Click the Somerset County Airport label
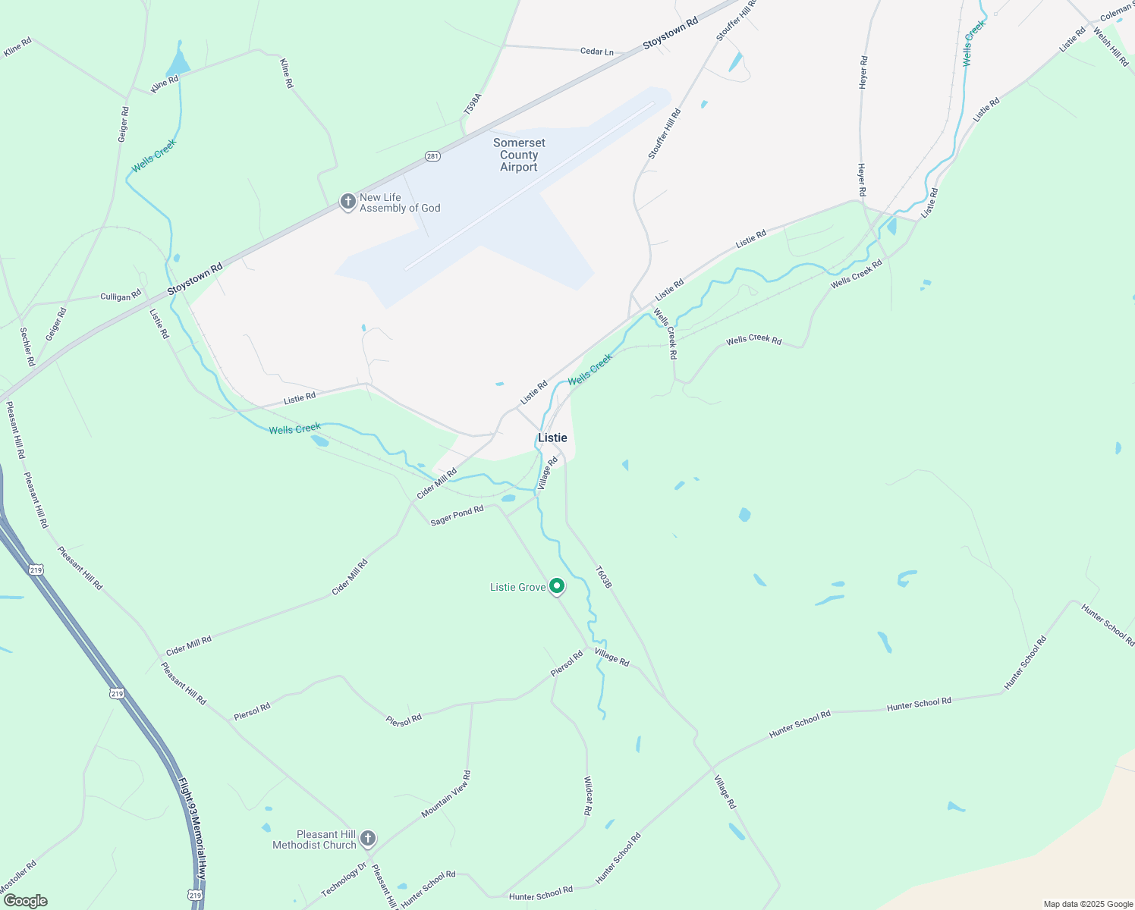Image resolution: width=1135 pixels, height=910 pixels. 519,155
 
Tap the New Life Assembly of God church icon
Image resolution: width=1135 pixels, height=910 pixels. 348,202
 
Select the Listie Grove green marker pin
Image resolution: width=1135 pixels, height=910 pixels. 557,586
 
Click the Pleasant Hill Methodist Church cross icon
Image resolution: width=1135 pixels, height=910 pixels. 367,839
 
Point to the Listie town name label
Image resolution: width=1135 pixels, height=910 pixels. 552,438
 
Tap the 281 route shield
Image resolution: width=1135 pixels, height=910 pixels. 432,156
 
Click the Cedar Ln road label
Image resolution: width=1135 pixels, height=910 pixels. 596,52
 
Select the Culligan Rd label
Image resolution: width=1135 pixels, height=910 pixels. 121,296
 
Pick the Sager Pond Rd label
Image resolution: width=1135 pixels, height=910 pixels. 457,516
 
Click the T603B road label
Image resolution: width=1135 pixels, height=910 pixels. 602,577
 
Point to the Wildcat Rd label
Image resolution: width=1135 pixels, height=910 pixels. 587,795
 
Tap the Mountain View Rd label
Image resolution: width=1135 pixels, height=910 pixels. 446,795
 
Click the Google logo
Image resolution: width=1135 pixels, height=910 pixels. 25,901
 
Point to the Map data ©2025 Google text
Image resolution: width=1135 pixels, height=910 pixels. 1088,904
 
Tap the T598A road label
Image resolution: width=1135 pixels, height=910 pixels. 473,105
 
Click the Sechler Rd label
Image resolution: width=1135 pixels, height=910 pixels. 27,347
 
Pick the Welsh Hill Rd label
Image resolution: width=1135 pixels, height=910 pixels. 1111,47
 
